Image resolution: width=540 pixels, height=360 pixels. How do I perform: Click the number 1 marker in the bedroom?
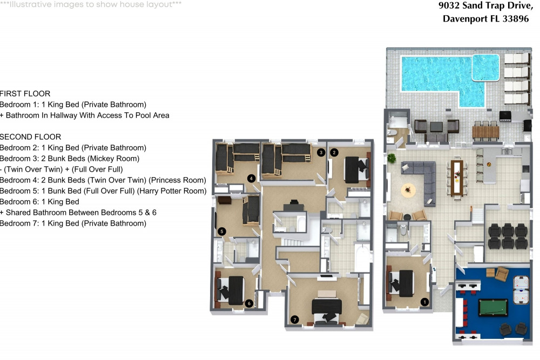point(424,302)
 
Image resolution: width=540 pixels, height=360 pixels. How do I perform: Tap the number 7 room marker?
point(294,320)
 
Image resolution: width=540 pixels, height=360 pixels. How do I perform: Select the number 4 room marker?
point(251,178)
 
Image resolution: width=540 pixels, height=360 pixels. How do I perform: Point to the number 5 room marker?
point(221,232)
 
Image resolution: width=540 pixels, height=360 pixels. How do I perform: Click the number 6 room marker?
point(248,304)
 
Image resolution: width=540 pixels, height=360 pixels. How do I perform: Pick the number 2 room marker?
point(334,153)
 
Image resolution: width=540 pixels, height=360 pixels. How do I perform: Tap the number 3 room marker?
point(321,153)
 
